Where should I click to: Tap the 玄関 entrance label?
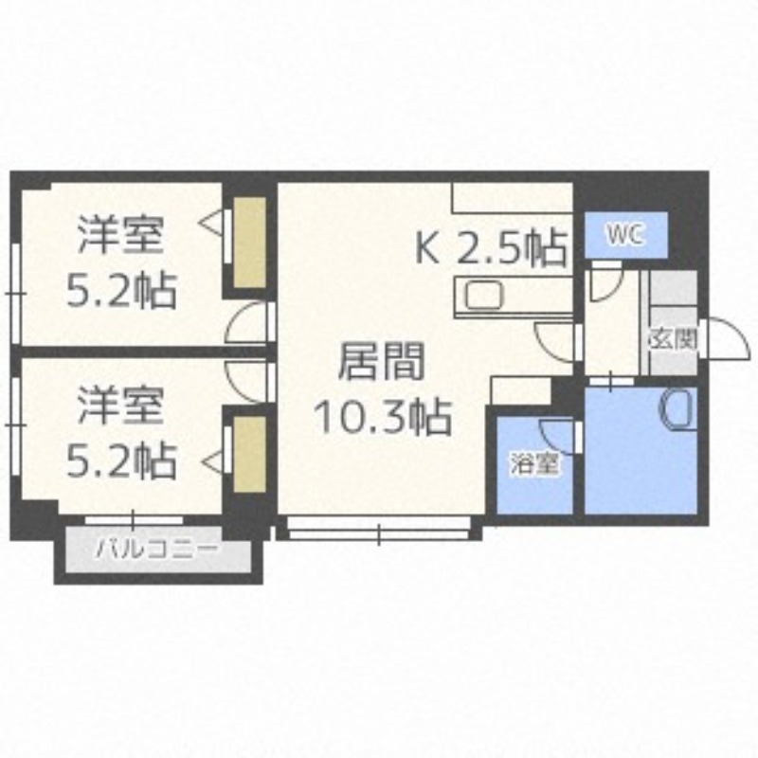(674, 339)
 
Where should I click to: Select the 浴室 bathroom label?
(533, 463)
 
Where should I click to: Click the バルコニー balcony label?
(157, 549)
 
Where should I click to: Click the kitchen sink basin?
(484, 295)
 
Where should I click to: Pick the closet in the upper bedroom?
(250, 243)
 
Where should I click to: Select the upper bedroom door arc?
(247, 323)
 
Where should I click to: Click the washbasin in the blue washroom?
(677, 408)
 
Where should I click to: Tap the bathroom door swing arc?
(556, 435)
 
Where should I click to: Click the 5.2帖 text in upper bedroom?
(121, 290)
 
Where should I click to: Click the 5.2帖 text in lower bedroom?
(121, 461)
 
